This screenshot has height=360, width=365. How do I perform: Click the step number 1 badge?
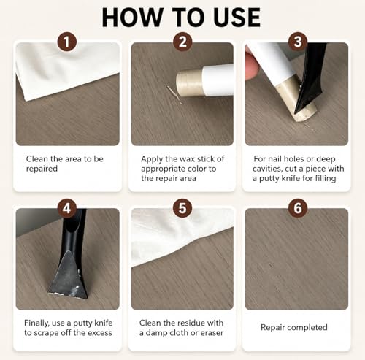[67, 42]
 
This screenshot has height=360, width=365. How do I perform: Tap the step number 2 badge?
[182, 42]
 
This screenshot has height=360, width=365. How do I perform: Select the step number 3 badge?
[298, 42]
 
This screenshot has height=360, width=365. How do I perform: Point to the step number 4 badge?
[67, 208]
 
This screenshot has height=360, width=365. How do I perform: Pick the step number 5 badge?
[182, 208]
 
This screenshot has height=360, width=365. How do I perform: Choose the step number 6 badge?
[298, 208]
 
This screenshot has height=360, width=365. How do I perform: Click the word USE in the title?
[237, 18]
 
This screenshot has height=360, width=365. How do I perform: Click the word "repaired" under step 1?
[42, 169]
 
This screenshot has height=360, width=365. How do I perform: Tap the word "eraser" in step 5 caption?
[212, 333]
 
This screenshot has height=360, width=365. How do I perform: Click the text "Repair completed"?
[294, 328]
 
